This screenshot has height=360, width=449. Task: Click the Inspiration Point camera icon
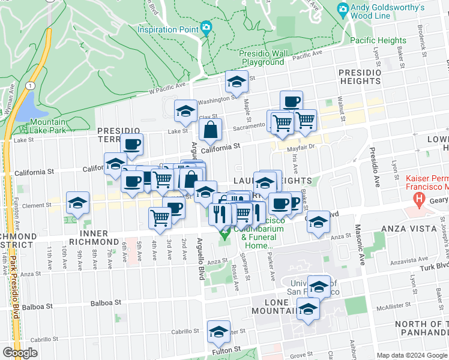tap(206, 28)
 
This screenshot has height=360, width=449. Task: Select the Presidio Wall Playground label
tap(262, 58)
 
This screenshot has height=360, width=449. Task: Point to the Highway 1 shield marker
tap(29, 86)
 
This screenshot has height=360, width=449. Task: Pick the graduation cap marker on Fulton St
tap(218, 331)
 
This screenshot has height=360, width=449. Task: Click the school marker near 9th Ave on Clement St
tap(77, 203)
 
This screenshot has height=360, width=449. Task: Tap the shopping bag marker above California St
tap(211, 129)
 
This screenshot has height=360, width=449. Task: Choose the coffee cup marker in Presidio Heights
tap(291, 101)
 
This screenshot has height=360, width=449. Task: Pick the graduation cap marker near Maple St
tap(237, 81)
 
